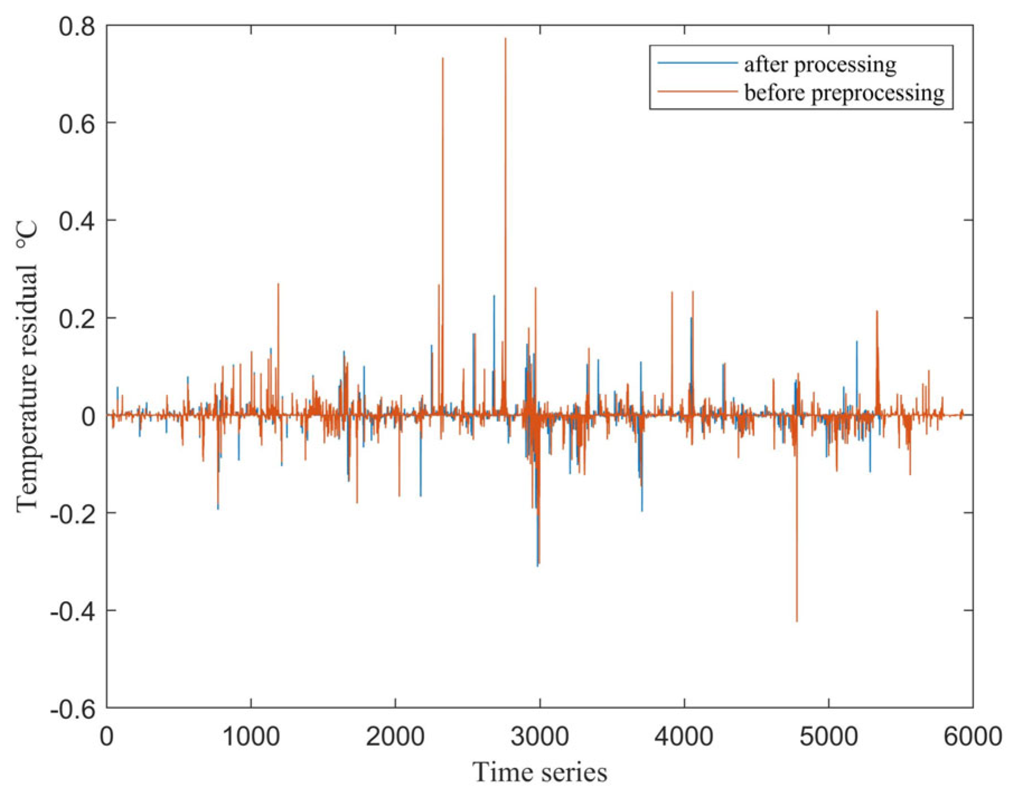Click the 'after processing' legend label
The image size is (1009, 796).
tap(820, 65)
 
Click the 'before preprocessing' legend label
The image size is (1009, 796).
tap(844, 92)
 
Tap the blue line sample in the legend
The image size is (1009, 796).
tap(697, 63)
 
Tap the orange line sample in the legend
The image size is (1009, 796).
tap(697, 91)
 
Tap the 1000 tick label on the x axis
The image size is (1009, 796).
tap(251, 736)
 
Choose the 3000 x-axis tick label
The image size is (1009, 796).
tap(540, 736)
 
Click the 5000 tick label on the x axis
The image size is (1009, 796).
tap(829, 736)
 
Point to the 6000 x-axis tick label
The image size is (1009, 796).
tap(973, 736)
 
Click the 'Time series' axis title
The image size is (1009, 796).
tap(540, 772)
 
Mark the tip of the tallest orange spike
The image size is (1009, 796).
tap(506, 38)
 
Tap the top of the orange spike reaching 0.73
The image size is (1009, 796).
tap(443, 58)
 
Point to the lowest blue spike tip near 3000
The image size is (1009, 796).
tap(538, 566)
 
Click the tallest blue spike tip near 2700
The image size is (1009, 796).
tap(494, 296)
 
